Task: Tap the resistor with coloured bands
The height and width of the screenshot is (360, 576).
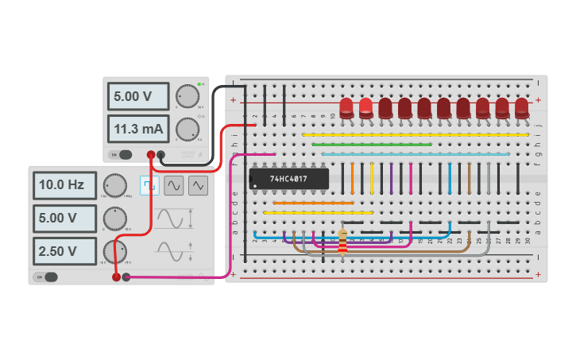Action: (x=342, y=242)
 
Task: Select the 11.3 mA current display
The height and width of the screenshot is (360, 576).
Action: (x=139, y=128)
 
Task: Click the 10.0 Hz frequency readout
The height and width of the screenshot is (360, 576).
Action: (x=64, y=185)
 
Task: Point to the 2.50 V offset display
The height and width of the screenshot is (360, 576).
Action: (x=64, y=251)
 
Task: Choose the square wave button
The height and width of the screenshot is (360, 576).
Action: (x=149, y=185)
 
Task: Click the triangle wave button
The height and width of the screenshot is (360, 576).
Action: (x=199, y=185)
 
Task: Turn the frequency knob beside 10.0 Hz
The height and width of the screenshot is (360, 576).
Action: (x=114, y=186)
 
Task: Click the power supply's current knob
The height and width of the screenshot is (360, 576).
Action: (x=187, y=128)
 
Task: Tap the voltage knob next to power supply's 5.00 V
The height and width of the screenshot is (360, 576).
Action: (x=187, y=96)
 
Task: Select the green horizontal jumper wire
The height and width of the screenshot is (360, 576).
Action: (x=372, y=145)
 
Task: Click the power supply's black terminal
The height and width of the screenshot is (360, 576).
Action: (x=160, y=155)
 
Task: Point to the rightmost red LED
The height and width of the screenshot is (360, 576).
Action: (x=522, y=108)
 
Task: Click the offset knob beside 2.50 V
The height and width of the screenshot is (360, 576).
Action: (x=114, y=251)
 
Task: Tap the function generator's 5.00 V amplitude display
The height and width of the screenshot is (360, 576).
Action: (x=64, y=218)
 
